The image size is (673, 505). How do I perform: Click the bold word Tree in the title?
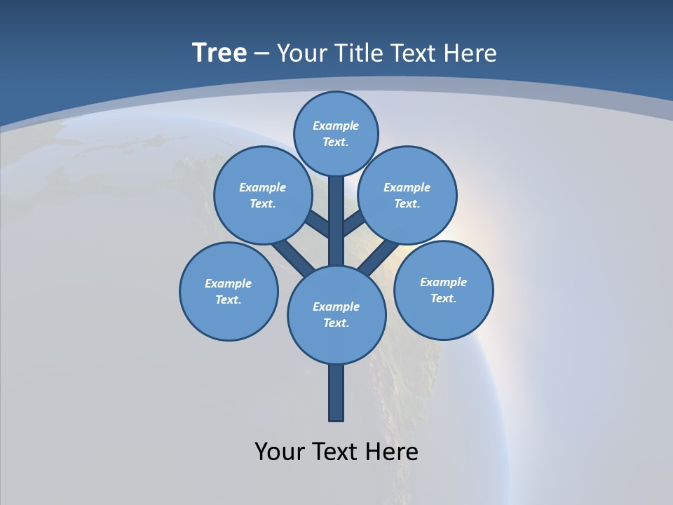point(219,53)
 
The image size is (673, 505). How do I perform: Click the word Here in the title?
point(471,53)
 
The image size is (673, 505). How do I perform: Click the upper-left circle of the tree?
point(263,195)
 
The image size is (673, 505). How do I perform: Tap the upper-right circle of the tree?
point(407,195)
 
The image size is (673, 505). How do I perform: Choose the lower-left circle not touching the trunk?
point(229,291)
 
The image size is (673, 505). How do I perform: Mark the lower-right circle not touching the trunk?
point(443,290)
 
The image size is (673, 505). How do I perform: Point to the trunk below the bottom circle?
point(336,393)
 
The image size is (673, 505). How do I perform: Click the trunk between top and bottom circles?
point(336,224)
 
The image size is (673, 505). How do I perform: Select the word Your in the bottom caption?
point(280,452)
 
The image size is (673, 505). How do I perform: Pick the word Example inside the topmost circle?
point(336,126)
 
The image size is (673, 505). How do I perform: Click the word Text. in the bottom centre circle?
point(336,323)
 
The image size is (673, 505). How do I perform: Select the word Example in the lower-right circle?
point(443,282)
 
